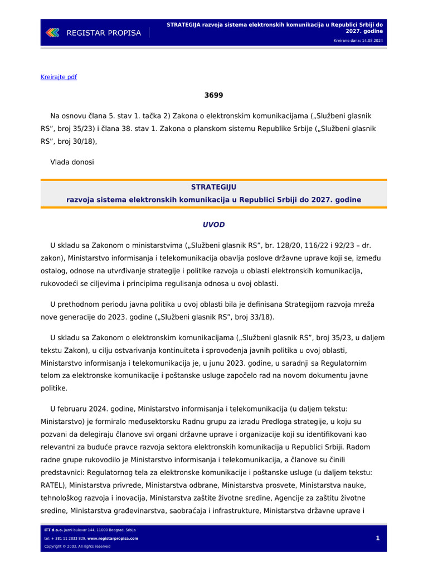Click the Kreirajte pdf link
point(59,77)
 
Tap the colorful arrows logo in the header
point(52,33)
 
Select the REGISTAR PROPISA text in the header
point(104,33)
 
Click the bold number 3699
point(213,95)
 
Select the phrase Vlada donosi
point(72,162)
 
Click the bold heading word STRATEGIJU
point(213,187)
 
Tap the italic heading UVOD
point(213,225)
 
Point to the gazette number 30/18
point(80,141)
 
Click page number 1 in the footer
point(377,538)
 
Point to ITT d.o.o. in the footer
point(53,530)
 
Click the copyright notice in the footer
point(77,546)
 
